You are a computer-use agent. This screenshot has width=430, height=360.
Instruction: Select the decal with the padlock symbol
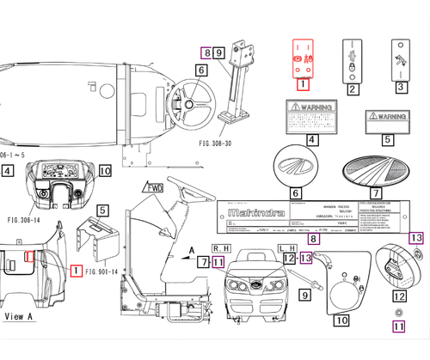(352, 58)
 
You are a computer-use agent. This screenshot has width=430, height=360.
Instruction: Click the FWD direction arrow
(155, 187)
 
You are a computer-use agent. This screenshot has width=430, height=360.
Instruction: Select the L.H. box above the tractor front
(288, 247)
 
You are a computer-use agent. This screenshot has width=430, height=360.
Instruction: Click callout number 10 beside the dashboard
(105, 171)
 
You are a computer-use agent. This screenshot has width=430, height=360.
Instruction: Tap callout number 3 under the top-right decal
(401, 87)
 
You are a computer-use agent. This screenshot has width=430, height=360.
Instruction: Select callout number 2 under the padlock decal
(352, 87)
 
